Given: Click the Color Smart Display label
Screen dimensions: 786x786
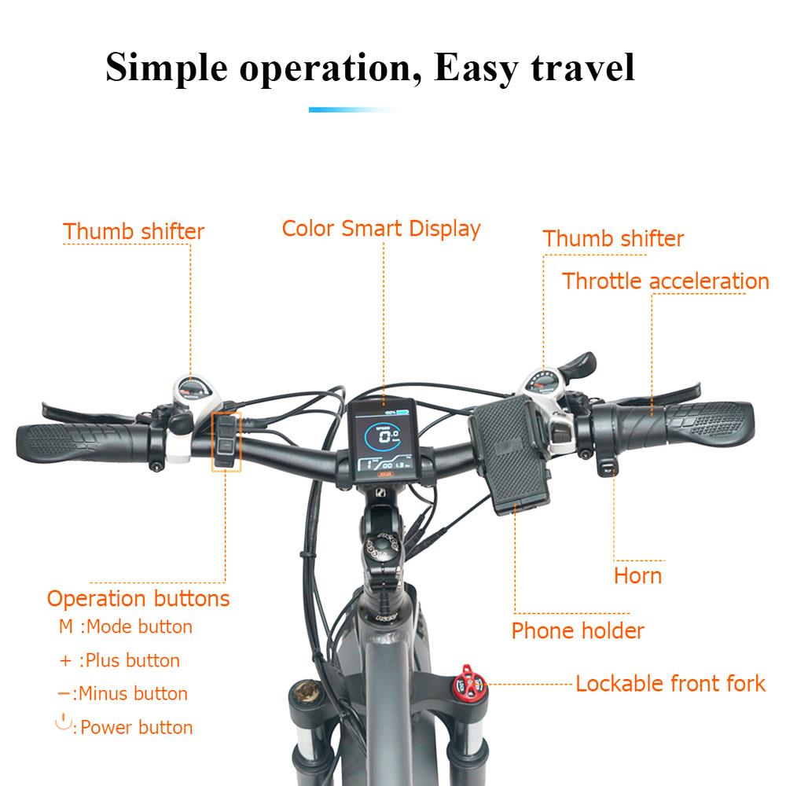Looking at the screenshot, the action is click(381, 229).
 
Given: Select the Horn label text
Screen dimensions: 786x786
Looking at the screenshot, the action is click(637, 575).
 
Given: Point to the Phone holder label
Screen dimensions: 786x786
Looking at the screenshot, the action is click(578, 630).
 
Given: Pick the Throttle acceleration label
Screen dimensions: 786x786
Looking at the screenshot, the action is click(665, 281).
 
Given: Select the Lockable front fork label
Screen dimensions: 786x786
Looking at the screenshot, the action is click(670, 683).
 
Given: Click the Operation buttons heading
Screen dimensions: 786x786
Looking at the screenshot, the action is click(138, 598).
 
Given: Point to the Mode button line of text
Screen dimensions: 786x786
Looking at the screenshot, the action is click(125, 626).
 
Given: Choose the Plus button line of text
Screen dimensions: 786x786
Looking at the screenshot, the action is click(119, 660).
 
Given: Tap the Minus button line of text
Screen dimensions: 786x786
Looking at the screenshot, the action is click(123, 694).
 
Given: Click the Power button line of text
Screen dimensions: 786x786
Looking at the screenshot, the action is click(124, 725).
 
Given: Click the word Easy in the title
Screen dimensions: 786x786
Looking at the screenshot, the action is click(476, 68).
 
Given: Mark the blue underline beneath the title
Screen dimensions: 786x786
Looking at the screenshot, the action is click(351, 110).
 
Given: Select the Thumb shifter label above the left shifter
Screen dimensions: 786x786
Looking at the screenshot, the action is click(134, 232).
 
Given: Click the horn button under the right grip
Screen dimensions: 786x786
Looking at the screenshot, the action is click(607, 467).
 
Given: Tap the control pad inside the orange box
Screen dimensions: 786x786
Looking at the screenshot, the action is click(226, 442).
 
